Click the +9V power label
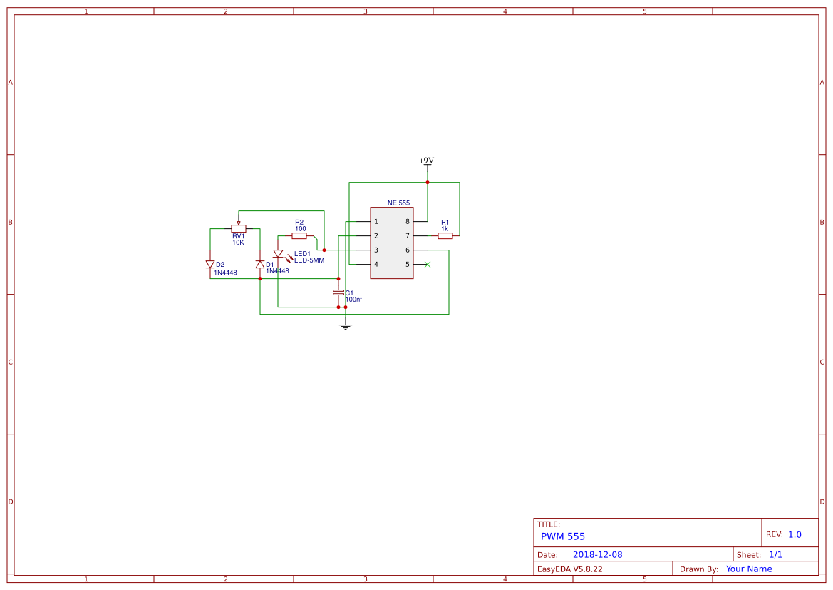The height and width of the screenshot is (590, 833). tap(426, 161)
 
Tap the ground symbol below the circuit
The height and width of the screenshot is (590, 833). tap(346, 326)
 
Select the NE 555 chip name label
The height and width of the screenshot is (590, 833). tap(398, 203)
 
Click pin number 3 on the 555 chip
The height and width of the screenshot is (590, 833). tap(376, 250)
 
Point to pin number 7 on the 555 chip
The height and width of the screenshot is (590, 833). tap(408, 236)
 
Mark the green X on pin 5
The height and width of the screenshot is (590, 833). tap(427, 265)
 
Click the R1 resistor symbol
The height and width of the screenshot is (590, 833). tap(445, 235)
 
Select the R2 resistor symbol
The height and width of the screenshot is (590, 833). tap(299, 235)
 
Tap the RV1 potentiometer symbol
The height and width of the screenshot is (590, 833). tap(239, 228)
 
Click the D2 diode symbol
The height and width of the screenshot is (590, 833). tap(210, 264)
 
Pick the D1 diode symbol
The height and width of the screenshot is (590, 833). tap(260, 264)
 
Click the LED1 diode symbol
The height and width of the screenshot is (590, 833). tap(278, 254)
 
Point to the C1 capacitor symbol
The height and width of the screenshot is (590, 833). tap(338, 293)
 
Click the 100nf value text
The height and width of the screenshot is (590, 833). tap(353, 300)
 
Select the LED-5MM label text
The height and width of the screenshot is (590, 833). tap(309, 260)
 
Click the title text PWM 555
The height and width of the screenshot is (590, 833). tap(562, 536)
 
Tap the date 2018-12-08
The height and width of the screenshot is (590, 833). tap(597, 554)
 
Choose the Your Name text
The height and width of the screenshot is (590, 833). tap(748, 569)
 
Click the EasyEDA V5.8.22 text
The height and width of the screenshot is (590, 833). tap(569, 569)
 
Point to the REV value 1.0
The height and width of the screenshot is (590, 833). tap(795, 534)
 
